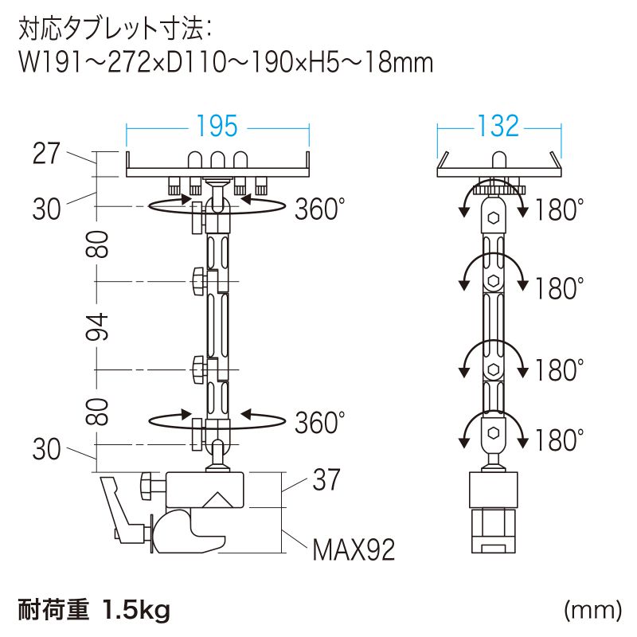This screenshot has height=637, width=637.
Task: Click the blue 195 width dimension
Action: click(x=217, y=126)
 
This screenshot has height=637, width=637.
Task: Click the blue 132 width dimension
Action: click(x=498, y=126)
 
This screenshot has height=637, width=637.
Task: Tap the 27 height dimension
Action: click(x=46, y=153)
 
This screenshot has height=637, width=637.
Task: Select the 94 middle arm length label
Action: click(x=97, y=327)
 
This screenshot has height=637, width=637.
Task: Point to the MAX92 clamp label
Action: click(x=354, y=550)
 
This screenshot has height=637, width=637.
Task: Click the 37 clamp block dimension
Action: click(x=326, y=480)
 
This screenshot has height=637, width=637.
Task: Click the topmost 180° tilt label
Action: click(x=560, y=209)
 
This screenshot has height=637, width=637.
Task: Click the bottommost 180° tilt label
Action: click(x=560, y=440)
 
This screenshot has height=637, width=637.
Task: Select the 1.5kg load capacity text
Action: click(x=136, y=610)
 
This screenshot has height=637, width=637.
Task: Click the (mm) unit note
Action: click(x=592, y=610)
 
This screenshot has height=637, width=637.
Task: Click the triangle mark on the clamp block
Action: click(x=217, y=500)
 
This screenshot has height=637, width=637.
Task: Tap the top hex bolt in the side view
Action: click(x=494, y=218)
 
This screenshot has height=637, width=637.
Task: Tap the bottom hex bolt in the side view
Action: click(x=494, y=433)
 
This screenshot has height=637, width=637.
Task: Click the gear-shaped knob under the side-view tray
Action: click(x=499, y=189)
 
